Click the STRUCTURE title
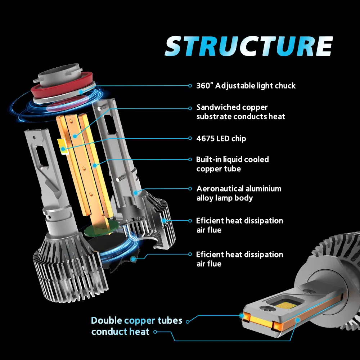[248, 46]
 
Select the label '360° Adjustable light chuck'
[246, 86]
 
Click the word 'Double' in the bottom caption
[106, 320]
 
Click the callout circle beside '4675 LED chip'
[190, 138]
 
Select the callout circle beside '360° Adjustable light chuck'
[190, 86]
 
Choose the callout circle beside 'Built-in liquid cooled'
[190, 159]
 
